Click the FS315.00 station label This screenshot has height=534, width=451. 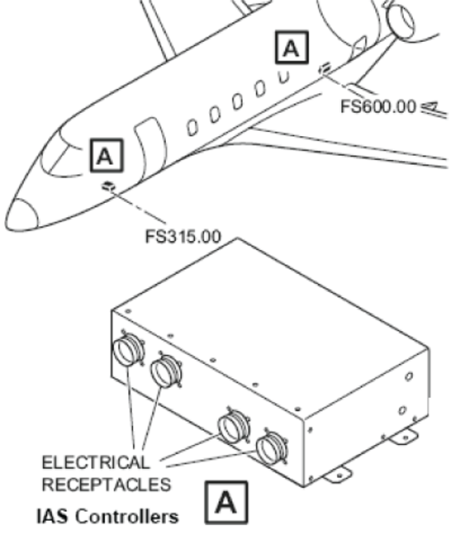(x=184, y=237)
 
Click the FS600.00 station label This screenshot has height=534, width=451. (x=378, y=107)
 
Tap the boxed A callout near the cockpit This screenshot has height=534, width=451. (x=106, y=156)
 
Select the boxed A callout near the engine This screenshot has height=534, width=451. (x=291, y=47)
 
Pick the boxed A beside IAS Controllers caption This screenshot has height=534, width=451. (x=225, y=502)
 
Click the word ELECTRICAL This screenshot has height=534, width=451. (x=95, y=462)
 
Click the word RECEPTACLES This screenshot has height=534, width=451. (x=106, y=485)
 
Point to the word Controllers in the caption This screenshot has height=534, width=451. (x=127, y=516)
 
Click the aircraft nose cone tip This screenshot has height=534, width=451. (x=6, y=224)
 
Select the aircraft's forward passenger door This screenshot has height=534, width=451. (x=150, y=147)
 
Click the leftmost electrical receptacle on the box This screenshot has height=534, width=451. (x=128, y=350)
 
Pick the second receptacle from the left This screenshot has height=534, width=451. (x=166, y=370)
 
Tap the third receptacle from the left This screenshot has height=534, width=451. (x=234, y=425)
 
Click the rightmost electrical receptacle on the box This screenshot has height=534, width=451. (x=272, y=447)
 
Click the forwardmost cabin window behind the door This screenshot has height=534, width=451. (x=193, y=127)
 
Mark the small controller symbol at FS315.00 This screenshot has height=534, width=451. (x=109, y=186)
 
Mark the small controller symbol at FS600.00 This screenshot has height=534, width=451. (x=324, y=68)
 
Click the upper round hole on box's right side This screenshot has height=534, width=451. (x=409, y=376)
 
